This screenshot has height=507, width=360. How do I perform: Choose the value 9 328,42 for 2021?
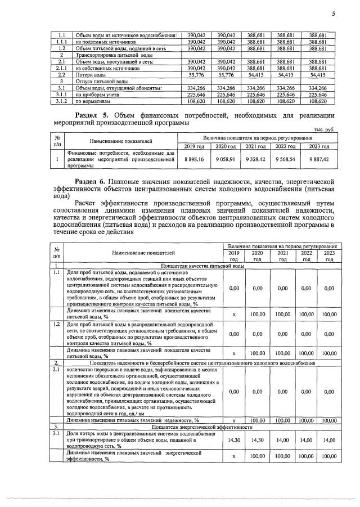click(255, 159)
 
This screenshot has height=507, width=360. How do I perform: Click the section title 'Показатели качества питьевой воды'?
click(202, 264)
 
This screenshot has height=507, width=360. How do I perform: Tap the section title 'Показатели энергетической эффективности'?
click(202, 428)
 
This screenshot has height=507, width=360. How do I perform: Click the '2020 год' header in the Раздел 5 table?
click(224, 147)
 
